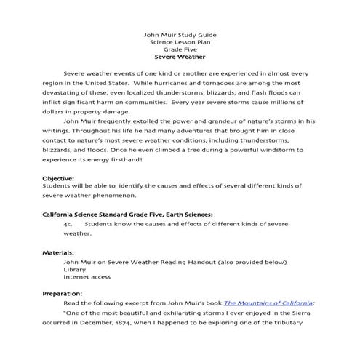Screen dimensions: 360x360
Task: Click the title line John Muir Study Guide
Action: coord(180,35)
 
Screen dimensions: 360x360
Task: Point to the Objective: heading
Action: coord(59,177)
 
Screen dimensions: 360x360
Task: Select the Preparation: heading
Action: coord(63,293)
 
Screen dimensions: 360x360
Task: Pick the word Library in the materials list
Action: coord(74,269)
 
